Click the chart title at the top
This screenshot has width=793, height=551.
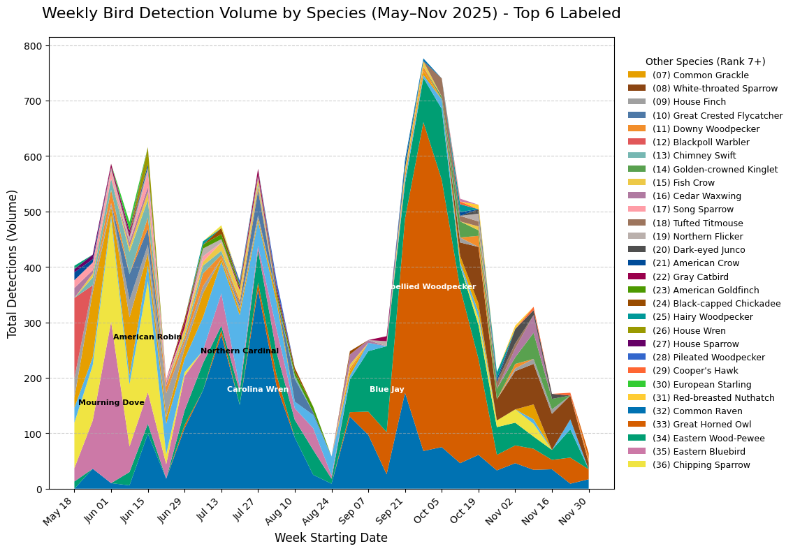click(331, 13)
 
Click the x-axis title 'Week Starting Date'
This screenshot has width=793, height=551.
click(330, 538)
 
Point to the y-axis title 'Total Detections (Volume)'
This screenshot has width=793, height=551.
click(13, 263)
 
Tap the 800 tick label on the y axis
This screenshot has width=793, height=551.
click(34, 46)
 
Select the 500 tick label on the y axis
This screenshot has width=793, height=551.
click(34, 212)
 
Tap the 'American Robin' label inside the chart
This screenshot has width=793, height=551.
click(147, 337)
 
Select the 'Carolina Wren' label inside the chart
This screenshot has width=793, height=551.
click(258, 390)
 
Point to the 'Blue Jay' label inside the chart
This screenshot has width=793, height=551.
click(386, 390)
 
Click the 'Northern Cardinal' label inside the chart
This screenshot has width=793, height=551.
click(240, 351)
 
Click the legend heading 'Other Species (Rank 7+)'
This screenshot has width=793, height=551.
click(705, 61)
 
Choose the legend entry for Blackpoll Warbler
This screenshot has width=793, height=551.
click(706, 142)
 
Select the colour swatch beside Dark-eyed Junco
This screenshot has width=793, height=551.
click(636, 250)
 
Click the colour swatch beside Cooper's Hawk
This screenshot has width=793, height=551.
click(636, 371)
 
